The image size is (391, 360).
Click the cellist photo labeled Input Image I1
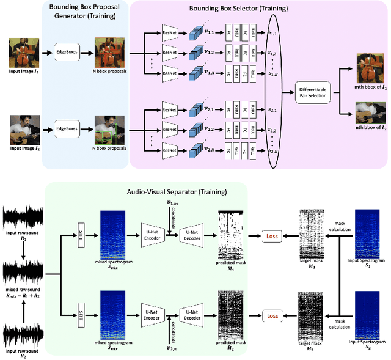point(24,51)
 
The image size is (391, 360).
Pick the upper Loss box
point(272,235)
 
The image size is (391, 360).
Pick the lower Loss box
point(272,316)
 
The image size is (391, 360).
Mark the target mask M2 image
point(310,313)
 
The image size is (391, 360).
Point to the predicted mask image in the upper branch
point(230,231)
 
